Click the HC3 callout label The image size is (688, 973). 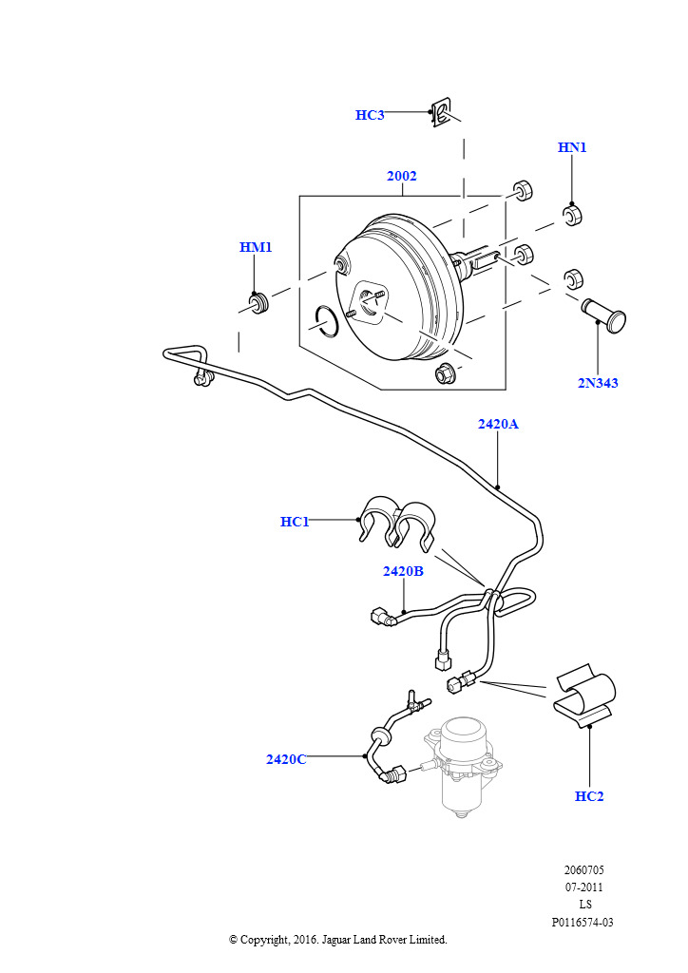point(370,115)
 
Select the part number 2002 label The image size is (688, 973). point(401,176)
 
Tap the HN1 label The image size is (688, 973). point(572,147)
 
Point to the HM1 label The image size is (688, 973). point(256,247)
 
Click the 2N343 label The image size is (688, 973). point(598,383)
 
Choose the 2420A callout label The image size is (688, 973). point(498,424)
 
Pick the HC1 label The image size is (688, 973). point(295,522)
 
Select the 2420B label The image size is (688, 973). point(403,571)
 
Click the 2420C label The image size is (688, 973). point(286,759)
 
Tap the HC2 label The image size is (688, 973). point(589,796)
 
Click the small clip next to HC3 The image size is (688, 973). point(441,113)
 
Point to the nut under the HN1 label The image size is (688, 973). point(572,216)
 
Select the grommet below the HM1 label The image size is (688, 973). point(257,305)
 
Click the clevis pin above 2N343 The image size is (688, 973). point(605,314)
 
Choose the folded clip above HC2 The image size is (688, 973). point(584,694)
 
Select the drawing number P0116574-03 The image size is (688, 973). point(583,922)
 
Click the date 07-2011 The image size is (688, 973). point(583,887)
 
